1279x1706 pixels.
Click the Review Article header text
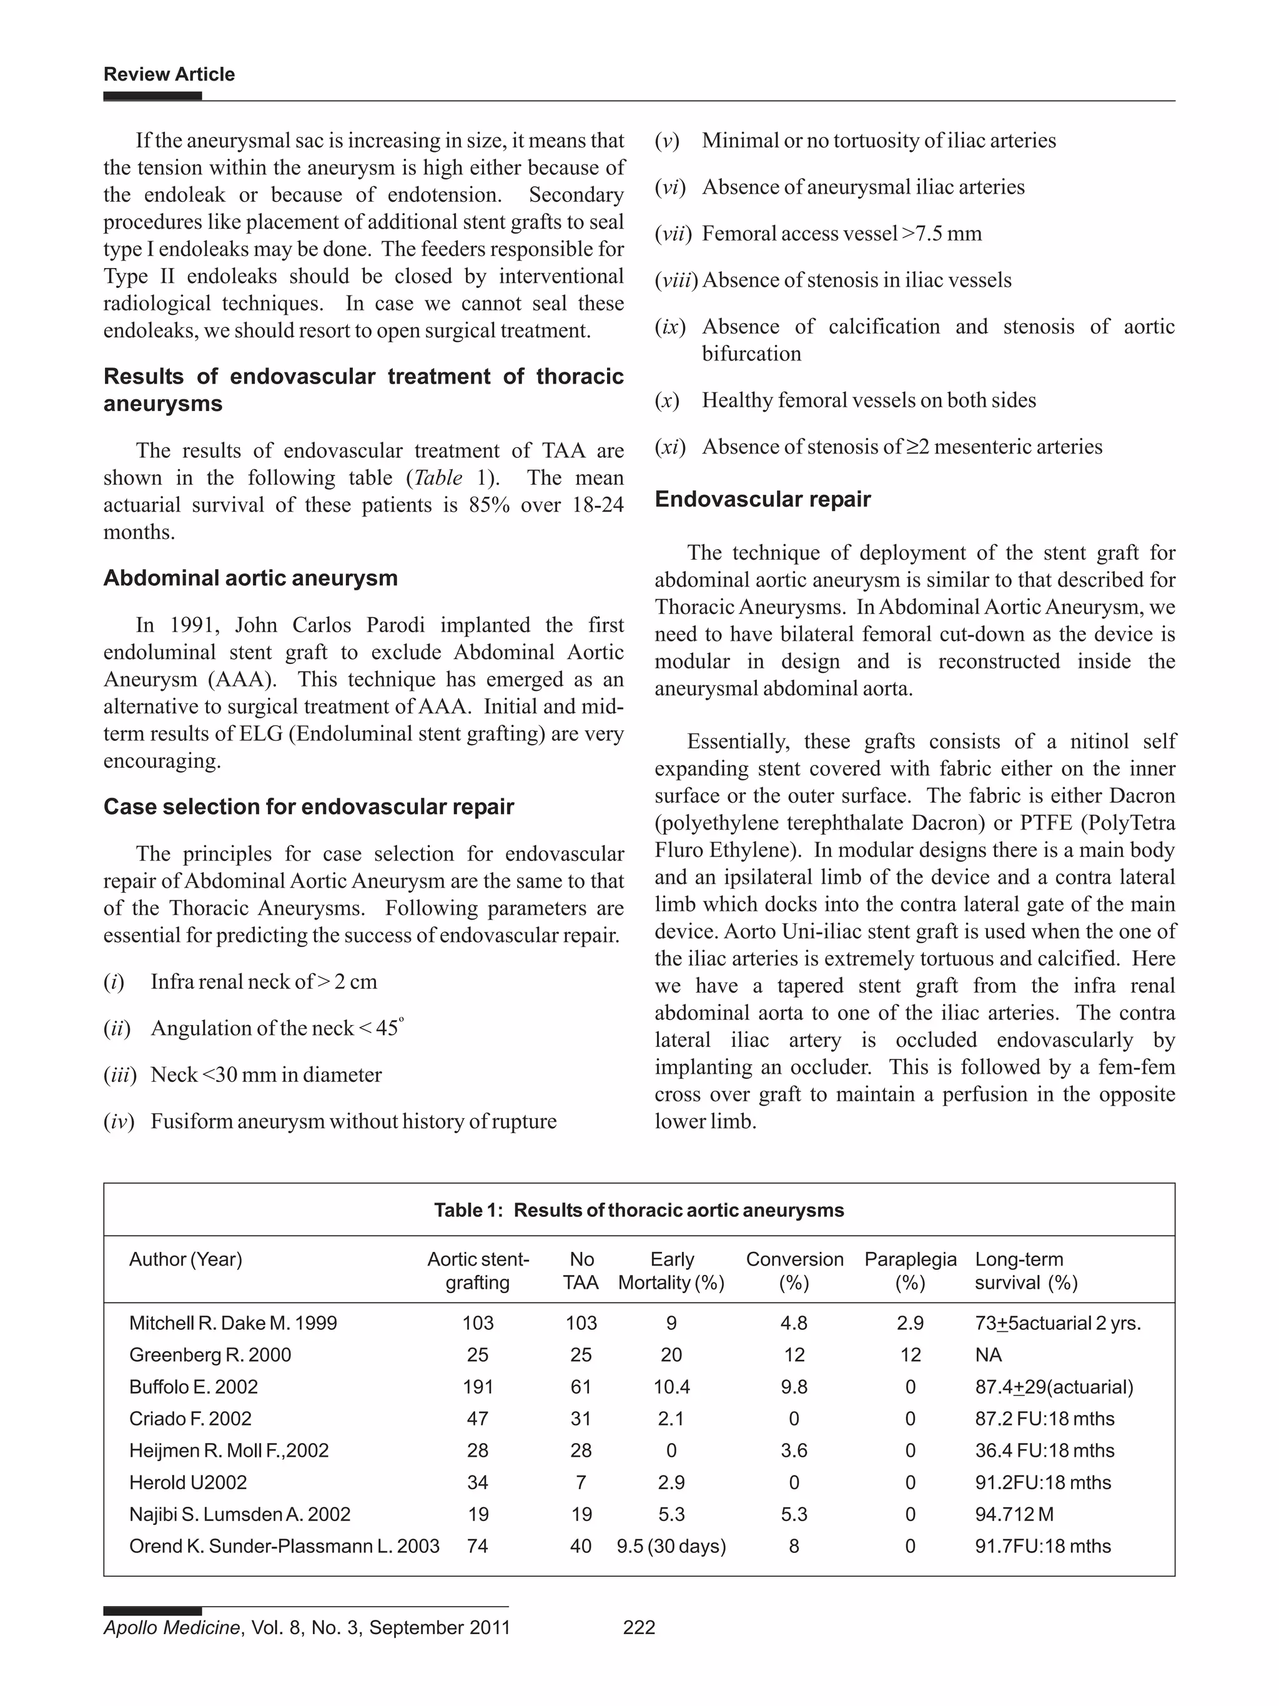169,74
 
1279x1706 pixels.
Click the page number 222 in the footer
638,1627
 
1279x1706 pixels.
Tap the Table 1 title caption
638,1209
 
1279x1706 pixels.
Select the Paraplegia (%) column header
910,1270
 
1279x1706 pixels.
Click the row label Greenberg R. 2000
210,1354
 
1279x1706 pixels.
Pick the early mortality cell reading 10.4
671,1387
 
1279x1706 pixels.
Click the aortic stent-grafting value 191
477,1387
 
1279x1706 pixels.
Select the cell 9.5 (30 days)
671,1545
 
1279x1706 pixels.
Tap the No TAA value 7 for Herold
581,1482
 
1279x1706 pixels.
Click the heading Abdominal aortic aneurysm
250,578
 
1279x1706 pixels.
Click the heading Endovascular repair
763,499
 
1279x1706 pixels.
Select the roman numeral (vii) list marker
669,234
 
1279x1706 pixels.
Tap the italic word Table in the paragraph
438,477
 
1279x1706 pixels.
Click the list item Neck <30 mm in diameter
266,1074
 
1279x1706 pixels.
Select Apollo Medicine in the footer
172,1627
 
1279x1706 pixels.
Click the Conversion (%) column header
794,1270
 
